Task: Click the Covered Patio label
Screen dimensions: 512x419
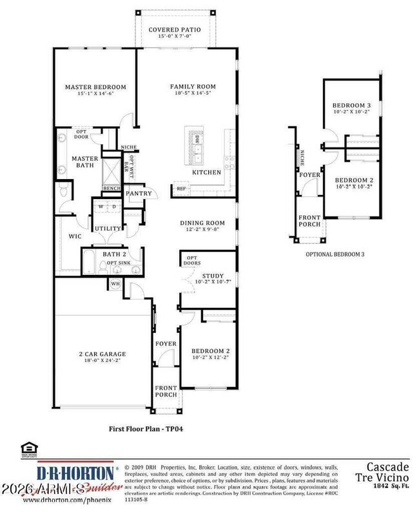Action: coord(175,30)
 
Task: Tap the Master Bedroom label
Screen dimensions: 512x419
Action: coord(95,87)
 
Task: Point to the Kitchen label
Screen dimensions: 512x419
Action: coord(206,173)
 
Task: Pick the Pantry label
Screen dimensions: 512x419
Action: coord(139,193)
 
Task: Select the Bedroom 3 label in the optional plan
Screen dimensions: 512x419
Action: coord(352,106)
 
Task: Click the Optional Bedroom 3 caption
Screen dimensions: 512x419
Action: coord(335,254)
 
